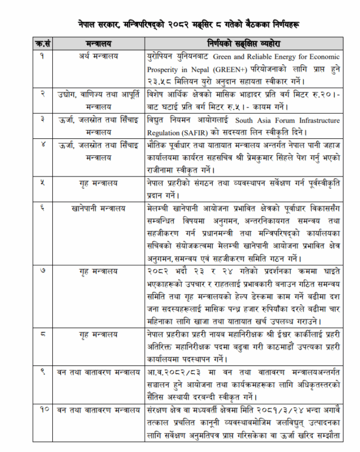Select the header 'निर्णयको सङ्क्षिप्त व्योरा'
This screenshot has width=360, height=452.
point(243,44)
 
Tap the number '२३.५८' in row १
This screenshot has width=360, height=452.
point(160,79)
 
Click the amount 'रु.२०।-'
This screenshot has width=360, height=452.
point(328,94)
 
